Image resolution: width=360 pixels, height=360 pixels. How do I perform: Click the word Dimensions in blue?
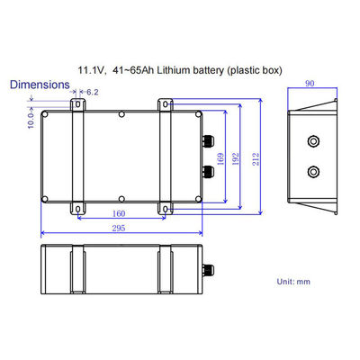40,84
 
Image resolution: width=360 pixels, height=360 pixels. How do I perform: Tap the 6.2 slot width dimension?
93,92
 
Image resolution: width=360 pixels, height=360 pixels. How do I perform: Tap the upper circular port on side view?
313,140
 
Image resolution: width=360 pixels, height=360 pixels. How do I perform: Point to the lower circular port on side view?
313,171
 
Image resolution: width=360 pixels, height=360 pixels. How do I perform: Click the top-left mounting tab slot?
77,106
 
